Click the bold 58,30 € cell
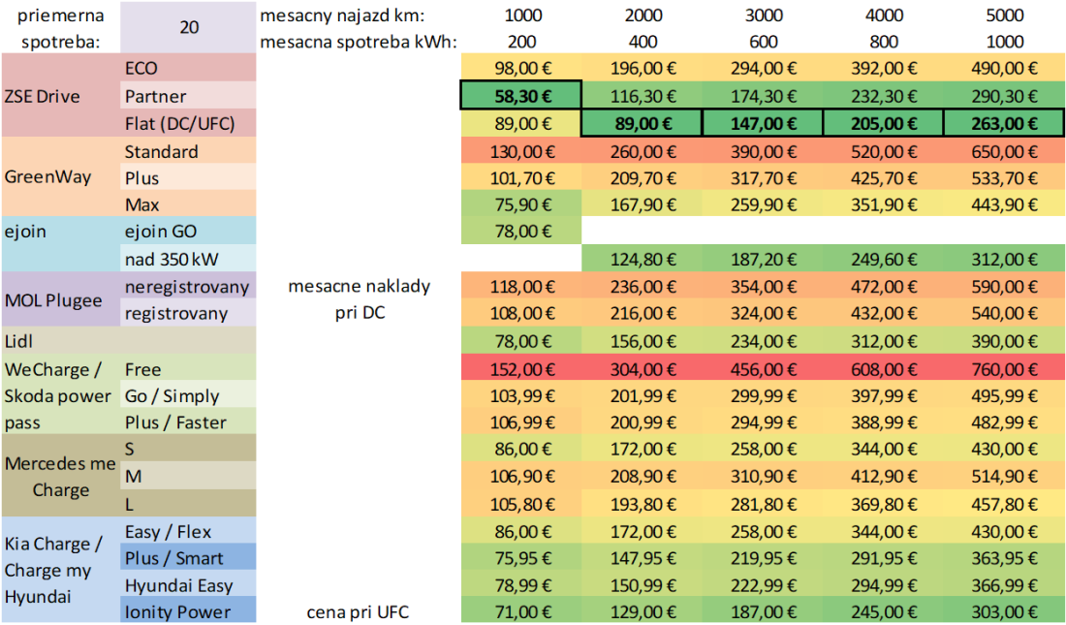click(521, 96)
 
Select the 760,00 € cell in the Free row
click(1005, 369)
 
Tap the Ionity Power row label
click(177, 611)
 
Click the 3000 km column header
click(763, 16)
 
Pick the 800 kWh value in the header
click(884, 42)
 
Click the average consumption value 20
click(189, 27)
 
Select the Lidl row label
click(19, 340)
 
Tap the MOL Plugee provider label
click(53, 299)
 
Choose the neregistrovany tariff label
click(187, 287)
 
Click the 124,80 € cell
click(642, 260)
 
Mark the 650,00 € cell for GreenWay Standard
click(1005, 151)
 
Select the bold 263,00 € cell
click(1005, 123)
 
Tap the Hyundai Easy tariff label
click(179, 584)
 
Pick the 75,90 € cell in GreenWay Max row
click(521, 204)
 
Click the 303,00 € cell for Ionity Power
click(1005, 611)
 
